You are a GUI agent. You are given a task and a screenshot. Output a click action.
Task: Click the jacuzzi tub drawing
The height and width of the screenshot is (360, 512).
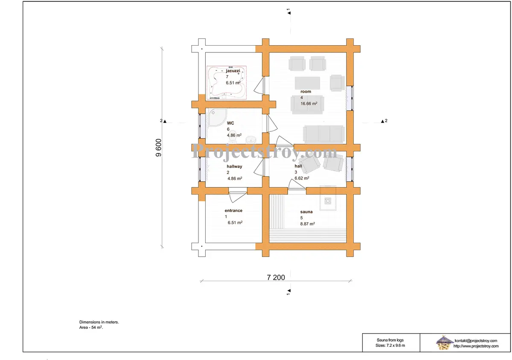227,82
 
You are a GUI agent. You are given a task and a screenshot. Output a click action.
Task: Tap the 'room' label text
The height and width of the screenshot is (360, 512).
305,91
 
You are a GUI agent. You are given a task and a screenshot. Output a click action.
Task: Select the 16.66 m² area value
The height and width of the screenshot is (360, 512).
308,104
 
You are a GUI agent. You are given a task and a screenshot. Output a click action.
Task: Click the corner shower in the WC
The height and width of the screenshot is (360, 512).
217,117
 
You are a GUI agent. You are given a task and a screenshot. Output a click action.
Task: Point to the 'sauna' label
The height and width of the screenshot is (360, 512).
306,212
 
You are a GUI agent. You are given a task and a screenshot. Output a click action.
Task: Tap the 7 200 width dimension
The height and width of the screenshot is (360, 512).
276,277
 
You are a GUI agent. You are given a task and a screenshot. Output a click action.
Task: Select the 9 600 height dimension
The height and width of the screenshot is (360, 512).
159,148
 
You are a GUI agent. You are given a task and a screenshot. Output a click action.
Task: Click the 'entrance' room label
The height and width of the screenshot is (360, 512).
233,211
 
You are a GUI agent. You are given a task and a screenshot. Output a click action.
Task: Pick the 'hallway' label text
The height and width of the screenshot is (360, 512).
234,166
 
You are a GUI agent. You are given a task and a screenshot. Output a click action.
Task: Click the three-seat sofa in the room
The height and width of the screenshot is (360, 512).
324,134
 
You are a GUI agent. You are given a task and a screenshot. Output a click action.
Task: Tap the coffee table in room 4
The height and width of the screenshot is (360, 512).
307,83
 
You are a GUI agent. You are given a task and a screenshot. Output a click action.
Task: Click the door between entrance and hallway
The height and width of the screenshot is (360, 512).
238,195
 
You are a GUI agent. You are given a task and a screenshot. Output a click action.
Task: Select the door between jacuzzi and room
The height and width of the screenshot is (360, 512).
259,85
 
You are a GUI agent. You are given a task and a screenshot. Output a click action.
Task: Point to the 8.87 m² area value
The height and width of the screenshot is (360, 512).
308,224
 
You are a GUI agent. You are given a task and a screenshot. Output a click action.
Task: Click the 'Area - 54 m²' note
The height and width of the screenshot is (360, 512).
91,327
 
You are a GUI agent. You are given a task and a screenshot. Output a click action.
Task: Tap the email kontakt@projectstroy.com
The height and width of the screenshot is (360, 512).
476,340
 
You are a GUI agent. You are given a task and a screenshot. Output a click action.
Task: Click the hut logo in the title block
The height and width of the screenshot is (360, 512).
444,343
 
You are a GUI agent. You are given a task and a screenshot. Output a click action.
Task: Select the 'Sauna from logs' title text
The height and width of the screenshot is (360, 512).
390,340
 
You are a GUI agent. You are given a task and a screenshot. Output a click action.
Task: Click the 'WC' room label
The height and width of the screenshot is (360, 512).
230,123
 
